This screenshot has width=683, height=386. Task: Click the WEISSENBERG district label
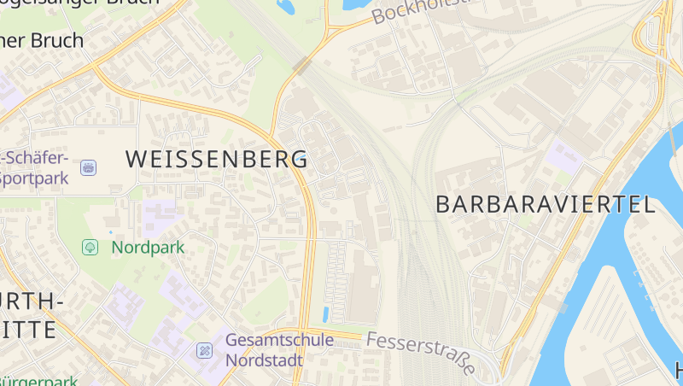(217, 159)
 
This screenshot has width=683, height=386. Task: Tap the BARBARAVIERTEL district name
(546, 204)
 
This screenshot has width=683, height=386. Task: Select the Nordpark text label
(148, 248)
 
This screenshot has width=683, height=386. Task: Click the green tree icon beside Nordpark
(89, 248)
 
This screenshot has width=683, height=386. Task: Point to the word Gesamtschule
(279, 340)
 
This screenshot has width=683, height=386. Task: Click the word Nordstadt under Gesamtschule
(264, 360)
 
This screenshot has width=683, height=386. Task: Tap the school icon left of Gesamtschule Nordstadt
(205, 350)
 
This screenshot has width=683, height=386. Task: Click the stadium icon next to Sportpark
(88, 167)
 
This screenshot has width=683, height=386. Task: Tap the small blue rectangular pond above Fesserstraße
(325, 313)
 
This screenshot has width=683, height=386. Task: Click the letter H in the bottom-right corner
(678, 371)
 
